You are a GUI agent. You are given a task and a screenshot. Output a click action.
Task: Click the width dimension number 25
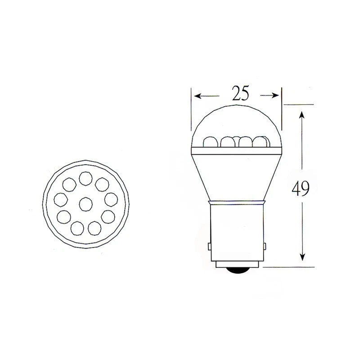click(x=240, y=93)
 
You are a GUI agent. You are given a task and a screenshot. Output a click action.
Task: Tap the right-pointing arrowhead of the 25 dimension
click(x=276, y=95)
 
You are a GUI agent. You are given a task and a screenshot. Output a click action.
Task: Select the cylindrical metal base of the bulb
click(x=237, y=234)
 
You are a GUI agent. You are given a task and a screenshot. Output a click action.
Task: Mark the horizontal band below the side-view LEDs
click(x=237, y=149)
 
